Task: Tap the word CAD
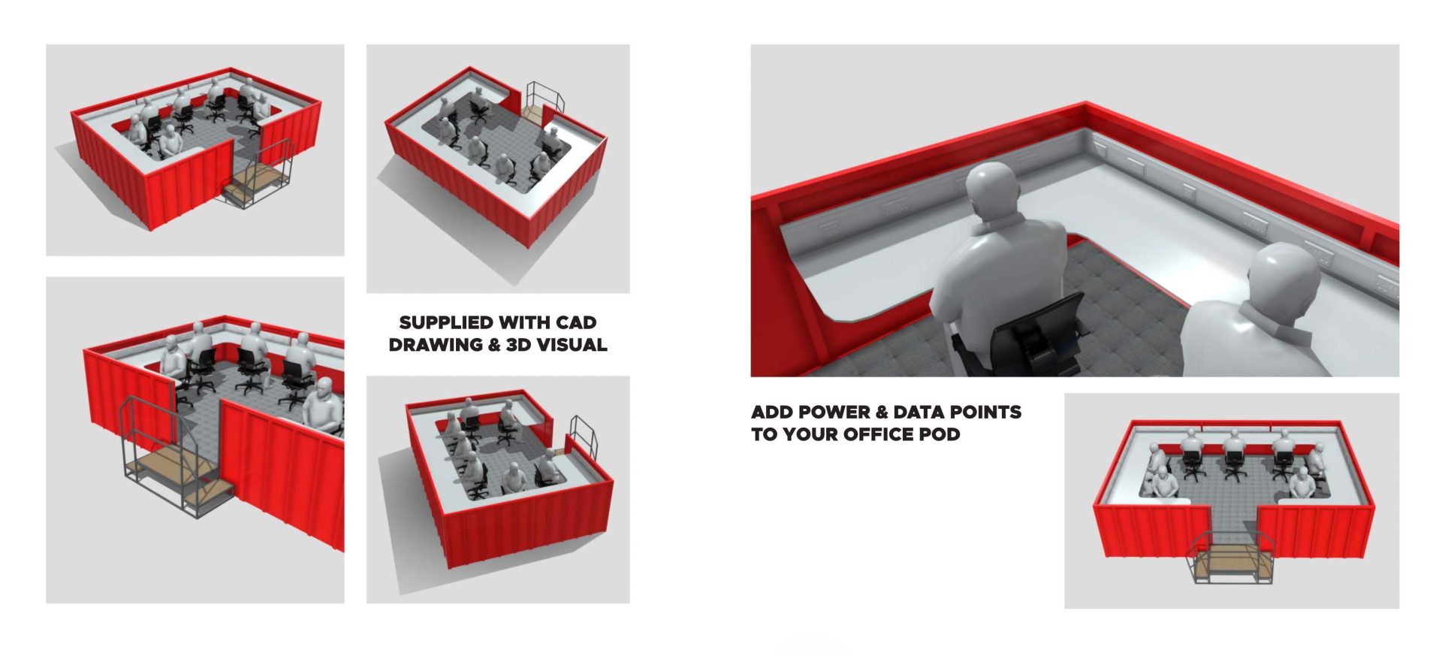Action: coord(576,322)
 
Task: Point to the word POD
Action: coord(939,434)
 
